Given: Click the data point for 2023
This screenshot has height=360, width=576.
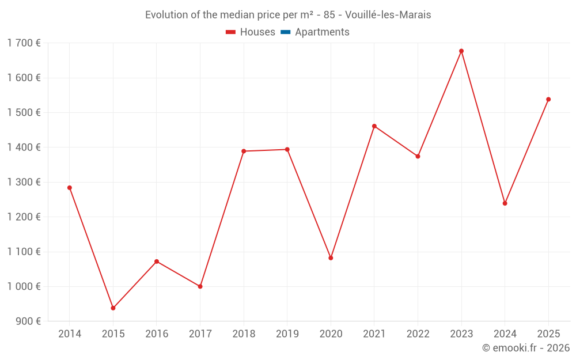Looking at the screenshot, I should (x=461, y=51).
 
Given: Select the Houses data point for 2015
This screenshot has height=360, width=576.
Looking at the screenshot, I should (x=113, y=308).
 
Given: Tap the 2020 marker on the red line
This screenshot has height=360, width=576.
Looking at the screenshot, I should (x=331, y=258).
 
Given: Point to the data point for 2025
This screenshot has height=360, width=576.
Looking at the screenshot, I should (x=548, y=100).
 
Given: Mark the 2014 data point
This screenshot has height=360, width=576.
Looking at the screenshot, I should (x=70, y=188).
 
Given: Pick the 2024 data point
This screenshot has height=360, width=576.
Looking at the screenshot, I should (x=505, y=203).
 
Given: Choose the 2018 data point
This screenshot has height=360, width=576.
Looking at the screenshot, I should (x=244, y=151).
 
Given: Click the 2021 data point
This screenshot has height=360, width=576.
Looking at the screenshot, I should (x=374, y=126).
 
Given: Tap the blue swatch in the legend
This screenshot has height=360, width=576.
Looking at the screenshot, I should (x=285, y=32).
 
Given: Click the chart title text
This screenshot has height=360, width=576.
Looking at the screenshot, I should (x=288, y=15).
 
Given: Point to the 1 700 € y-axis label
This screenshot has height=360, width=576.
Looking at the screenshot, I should (x=24, y=43).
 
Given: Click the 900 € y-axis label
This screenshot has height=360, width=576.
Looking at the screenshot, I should (x=27, y=321).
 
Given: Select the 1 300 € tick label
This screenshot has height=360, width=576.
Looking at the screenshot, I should (x=24, y=182).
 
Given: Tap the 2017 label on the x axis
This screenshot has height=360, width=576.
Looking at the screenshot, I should (x=200, y=334).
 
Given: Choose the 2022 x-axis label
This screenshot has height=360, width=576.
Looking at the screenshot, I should (x=418, y=334).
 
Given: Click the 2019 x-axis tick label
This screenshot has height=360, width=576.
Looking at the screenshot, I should (x=287, y=334).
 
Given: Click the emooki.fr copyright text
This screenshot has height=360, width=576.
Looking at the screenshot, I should (x=525, y=348).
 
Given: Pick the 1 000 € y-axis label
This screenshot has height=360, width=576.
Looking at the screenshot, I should (x=24, y=286).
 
